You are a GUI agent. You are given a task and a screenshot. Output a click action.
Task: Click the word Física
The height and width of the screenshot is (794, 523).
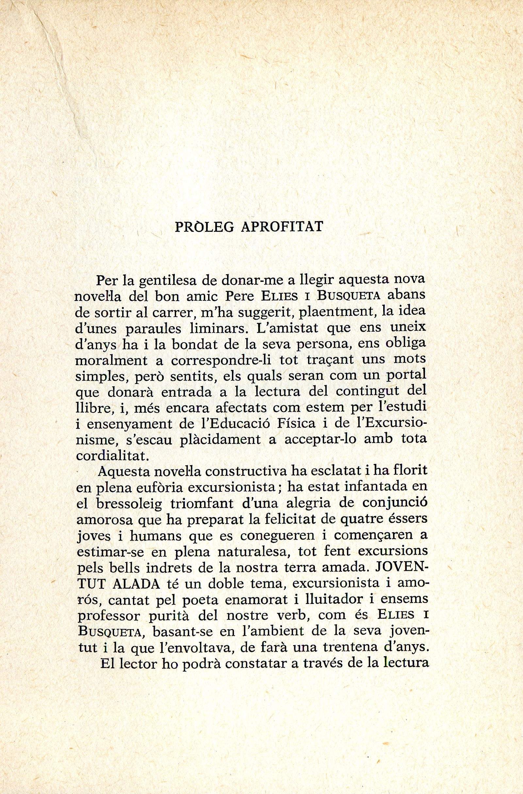[x=298, y=424]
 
